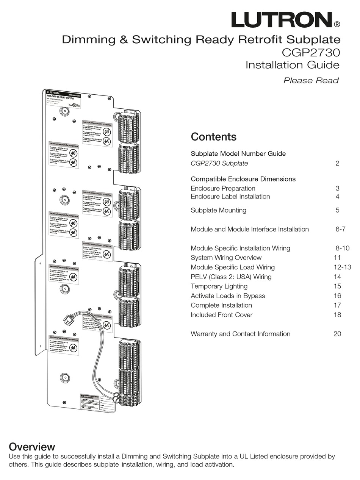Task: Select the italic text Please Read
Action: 311,80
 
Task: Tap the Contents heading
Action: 213,137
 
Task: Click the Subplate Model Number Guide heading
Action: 238,154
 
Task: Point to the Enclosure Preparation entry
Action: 223,188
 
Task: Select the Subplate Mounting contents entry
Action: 218,210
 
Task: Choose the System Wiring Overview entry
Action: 226,258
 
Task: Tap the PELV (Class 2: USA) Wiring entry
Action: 231,277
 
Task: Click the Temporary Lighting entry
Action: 219,286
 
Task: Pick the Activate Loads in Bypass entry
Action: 228,296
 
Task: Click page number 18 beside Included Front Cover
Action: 337,315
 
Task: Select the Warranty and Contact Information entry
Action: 240,334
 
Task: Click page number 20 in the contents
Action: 337,334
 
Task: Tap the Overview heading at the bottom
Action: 32,446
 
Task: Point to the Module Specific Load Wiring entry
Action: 233,267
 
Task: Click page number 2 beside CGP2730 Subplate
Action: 337,163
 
